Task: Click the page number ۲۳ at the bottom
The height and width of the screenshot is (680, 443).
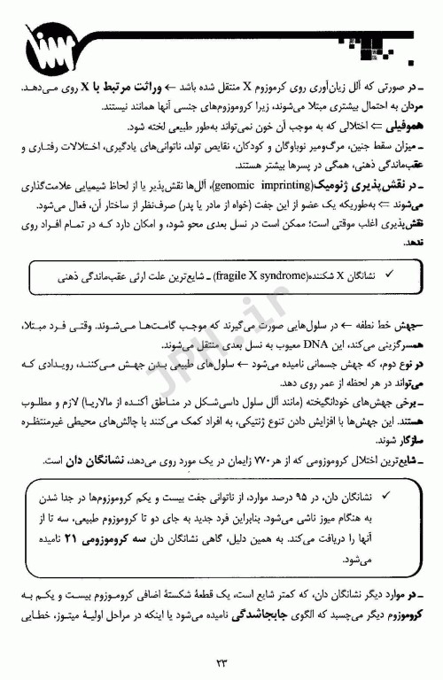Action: pyautogui.click(x=221, y=658)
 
